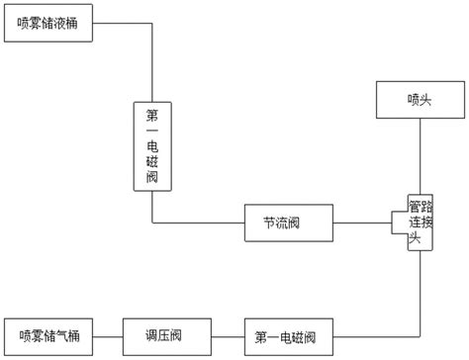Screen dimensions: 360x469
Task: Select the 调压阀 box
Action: click(163, 335)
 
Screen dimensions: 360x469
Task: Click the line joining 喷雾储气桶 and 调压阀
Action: click(109, 335)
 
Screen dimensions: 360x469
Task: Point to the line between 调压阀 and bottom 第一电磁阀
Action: click(225, 335)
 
